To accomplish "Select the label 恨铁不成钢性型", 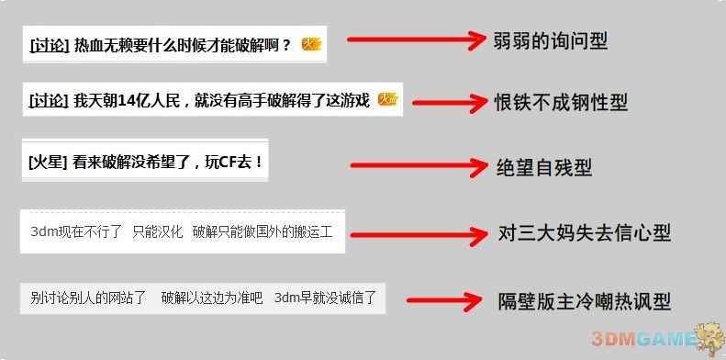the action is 561,102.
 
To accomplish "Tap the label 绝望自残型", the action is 544,167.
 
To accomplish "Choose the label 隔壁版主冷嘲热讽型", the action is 584,300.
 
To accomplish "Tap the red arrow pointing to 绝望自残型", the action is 418,166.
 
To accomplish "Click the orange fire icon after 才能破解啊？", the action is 312,43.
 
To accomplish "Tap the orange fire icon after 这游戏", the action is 387,100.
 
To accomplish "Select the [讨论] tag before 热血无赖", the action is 49,44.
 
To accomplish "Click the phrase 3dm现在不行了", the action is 76,231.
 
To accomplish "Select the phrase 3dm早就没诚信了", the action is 324,298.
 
